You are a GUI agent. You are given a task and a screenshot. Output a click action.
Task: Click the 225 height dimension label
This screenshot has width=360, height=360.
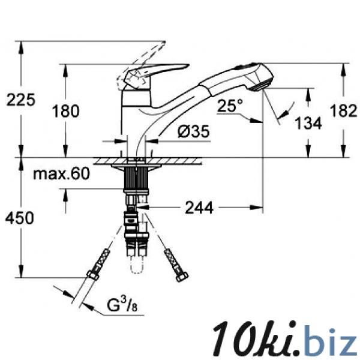20,100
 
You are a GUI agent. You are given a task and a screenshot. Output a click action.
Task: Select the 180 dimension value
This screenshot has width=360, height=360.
65,110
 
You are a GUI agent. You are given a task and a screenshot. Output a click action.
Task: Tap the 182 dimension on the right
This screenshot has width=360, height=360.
343,110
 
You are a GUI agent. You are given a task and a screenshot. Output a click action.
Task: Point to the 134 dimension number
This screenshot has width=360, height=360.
308,123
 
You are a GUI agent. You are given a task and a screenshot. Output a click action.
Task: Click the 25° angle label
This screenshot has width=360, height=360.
230,106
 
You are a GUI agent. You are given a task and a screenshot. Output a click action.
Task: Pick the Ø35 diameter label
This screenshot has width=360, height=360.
194,131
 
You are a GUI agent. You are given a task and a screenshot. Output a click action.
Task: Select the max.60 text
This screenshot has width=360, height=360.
61,173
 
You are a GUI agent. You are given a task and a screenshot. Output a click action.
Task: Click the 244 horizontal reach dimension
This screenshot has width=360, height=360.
199,208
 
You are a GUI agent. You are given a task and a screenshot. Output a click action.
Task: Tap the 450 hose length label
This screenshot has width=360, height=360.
20,218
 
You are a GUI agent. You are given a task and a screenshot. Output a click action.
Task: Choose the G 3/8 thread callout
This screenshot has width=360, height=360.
122,304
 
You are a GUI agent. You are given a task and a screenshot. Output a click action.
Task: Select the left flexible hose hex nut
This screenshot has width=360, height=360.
93,275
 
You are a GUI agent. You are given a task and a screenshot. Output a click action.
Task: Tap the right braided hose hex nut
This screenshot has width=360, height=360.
182,277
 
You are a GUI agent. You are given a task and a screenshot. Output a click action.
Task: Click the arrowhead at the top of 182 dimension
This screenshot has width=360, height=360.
343,68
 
